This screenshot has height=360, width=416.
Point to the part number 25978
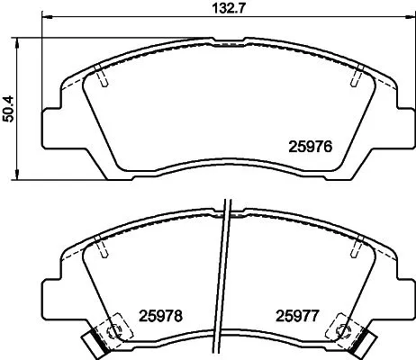coord(160,316)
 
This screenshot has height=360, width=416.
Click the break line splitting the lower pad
coord(225,270)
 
